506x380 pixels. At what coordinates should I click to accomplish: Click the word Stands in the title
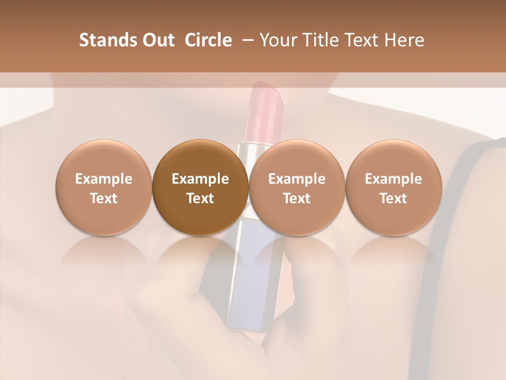pos(107,40)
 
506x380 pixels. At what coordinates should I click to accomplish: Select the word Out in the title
pos(157,40)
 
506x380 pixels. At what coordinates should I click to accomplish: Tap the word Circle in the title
pos(208,40)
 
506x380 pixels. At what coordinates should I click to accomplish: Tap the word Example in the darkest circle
pos(200,179)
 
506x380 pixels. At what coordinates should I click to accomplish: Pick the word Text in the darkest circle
pos(200,198)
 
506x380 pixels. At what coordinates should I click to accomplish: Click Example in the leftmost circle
pos(104,179)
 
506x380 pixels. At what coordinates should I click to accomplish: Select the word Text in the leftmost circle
pos(104,198)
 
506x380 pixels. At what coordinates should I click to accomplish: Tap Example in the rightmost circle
pos(393,179)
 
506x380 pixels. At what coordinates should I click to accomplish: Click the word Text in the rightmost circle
pos(393,198)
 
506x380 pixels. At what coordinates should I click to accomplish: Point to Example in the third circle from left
pos(297,179)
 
